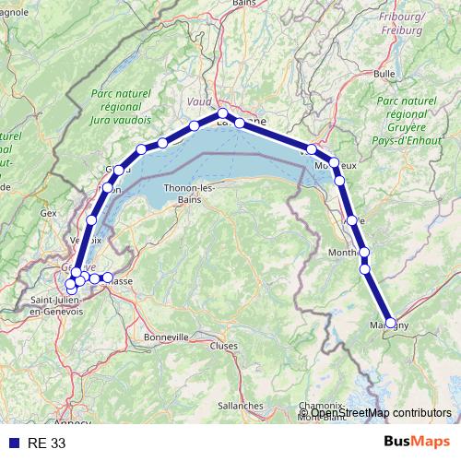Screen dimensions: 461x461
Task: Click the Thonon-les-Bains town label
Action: point(188,194)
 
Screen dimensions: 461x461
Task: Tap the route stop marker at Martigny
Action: point(391,323)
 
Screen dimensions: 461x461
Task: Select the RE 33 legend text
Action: point(46,443)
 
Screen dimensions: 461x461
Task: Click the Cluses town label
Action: point(223,346)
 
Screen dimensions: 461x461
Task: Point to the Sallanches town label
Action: point(241,405)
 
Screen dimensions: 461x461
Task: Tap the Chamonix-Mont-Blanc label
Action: point(322,411)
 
